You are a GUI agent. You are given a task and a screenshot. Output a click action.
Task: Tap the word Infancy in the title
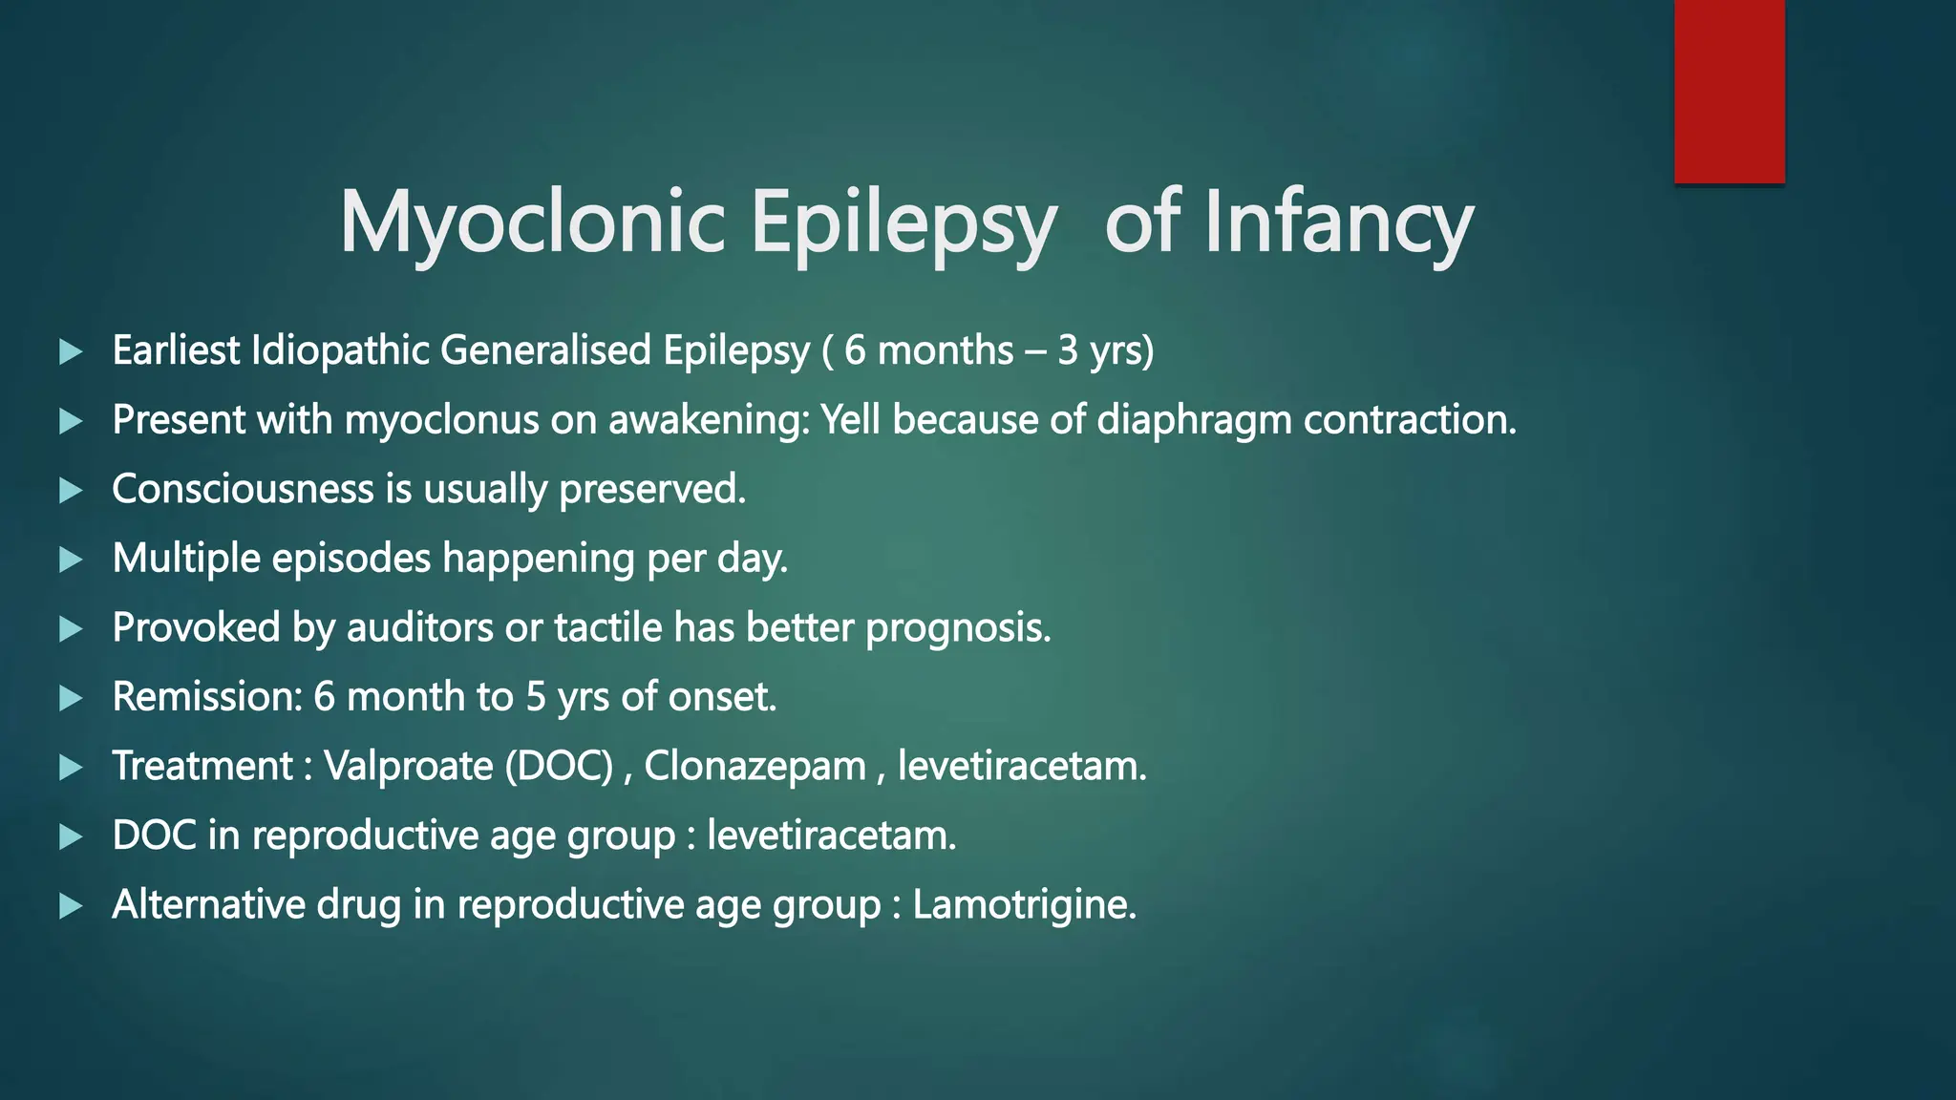tap(1338, 222)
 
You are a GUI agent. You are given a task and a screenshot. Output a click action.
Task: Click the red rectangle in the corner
tap(1729, 92)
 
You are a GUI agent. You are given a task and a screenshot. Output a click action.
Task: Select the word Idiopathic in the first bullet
tap(339, 350)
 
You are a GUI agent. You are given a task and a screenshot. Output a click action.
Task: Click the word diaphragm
tap(1194, 420)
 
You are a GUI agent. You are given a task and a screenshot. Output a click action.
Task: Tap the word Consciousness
tap(243, 489)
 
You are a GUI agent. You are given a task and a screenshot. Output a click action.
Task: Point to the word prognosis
tap(957, 628)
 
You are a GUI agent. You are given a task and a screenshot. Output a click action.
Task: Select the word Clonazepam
tap(755, 767)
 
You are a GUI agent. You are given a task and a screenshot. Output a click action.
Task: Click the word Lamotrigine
tap(1024, 905)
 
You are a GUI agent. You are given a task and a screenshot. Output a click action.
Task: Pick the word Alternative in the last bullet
tap(207, 905)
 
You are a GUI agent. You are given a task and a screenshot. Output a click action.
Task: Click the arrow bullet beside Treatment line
tap(71, 767)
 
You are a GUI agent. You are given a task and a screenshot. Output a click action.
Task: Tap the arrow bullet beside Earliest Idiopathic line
tap(71, 351)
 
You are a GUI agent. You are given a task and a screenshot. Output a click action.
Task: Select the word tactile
tap(607, 628)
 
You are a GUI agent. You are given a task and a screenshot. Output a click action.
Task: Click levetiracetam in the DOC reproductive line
tap(831, 836)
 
